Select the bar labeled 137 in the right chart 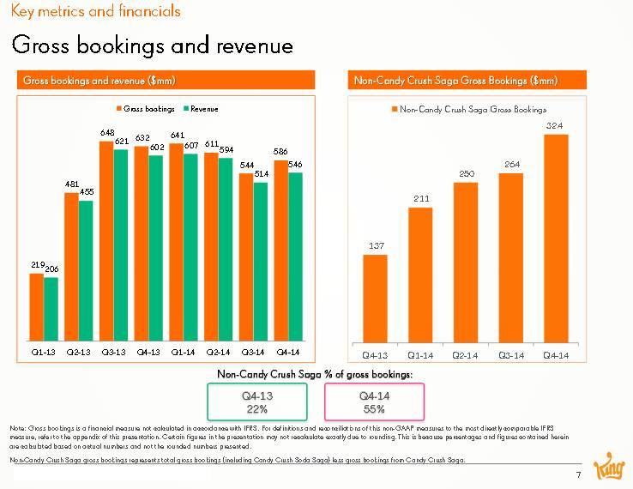coord(376,297)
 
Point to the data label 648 coord(107,133)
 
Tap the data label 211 coord(421,199)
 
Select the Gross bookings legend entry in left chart coord(145,109)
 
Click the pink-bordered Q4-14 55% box coord(373,401)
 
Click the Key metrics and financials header coord(95,12)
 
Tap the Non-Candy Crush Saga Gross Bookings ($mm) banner coord(468,81)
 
